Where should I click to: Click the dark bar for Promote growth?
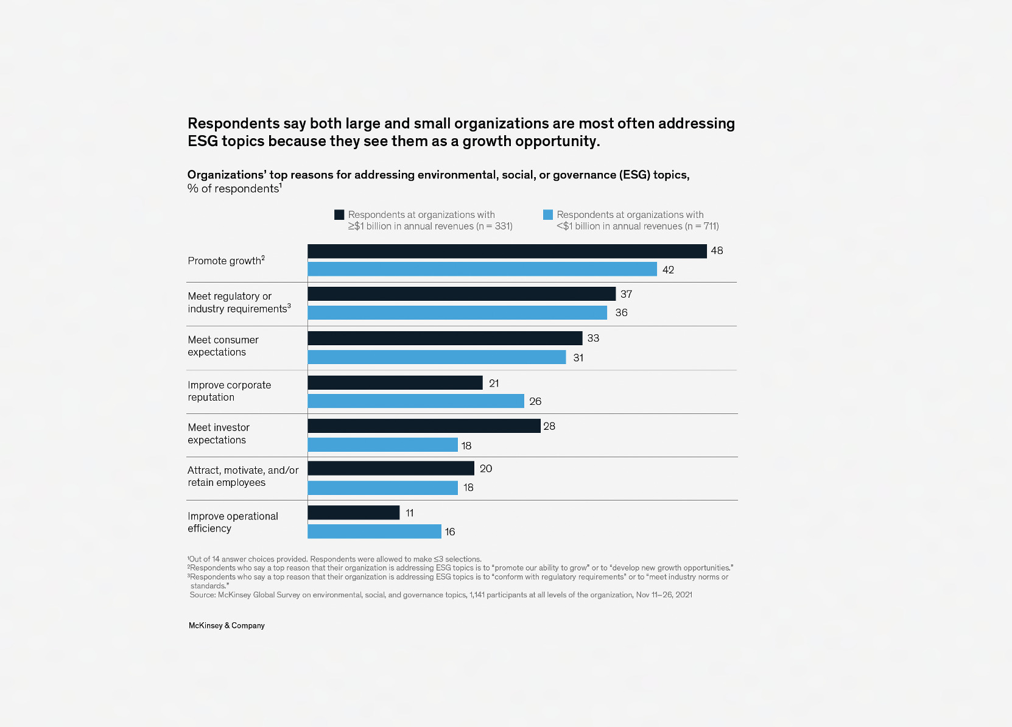coord(507,251)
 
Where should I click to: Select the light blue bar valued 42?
coord(482,269)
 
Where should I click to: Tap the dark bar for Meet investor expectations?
coord(424,426)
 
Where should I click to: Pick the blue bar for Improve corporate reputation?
coord(416,401)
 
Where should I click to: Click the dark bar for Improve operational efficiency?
coord(354,513)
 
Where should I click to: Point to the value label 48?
coord(717,251)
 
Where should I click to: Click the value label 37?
coord(626,294)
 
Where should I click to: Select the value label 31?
coord(578,358)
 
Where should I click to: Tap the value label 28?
coord(549,426)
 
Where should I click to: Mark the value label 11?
coord(409,513)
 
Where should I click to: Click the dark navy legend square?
coord(339,214)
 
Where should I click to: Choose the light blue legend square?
coord(548,214)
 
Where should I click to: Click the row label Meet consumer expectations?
coord(223,346)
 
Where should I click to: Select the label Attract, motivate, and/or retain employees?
coord(242,476)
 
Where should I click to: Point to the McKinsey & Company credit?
coord(227,625)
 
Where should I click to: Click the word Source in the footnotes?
coord(202,595)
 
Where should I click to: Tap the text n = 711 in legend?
coord(701,227)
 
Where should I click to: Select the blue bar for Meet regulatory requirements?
coord(457,312)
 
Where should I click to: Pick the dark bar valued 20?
coord(391,468)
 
